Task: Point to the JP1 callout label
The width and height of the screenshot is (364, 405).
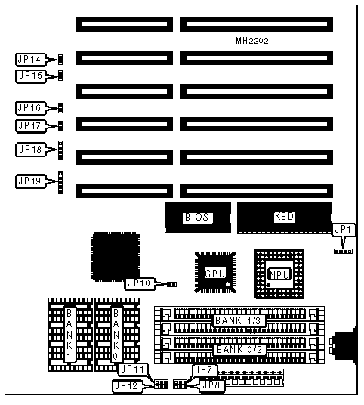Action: coord(343,230)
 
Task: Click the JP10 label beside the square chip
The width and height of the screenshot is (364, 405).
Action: coord(140,283)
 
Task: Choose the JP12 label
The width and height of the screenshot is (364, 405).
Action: coord(128,386)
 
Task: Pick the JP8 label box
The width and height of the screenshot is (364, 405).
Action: coord(211,386)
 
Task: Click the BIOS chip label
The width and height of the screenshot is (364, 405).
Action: coord(197,218)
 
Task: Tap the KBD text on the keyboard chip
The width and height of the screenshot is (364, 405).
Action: coord(284,217)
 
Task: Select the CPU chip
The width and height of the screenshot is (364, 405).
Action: coord(215,273)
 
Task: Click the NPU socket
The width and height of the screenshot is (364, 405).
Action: coord(279,274)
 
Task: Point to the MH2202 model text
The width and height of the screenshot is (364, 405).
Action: coord(252,41)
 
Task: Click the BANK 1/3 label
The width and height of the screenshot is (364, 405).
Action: coord(239,321)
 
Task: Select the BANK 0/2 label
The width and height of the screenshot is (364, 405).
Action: coord(239,350)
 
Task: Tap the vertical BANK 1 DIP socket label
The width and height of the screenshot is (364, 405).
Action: coord(69,335)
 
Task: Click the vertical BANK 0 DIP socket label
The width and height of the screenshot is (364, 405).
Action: coord(116,335)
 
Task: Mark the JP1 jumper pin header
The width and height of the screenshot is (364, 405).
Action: coord(343,252)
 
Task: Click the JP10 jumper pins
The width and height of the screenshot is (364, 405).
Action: coord(172,284)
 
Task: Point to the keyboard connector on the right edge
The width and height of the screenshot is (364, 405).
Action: coord(344,346)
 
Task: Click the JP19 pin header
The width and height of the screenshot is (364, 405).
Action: coord(60,182)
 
